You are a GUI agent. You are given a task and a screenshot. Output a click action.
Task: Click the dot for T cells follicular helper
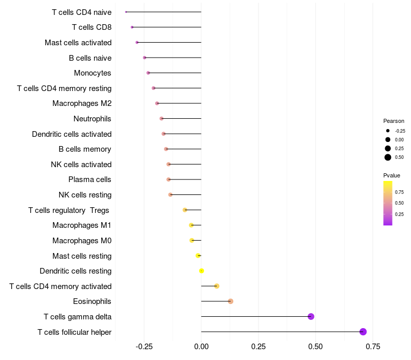click(363, 332)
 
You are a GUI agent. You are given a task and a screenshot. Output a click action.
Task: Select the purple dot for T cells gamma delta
click(311, 316)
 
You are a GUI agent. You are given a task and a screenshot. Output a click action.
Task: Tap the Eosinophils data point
click(231, 301)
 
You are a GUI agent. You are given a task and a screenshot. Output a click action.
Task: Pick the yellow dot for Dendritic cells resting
click(201, 271)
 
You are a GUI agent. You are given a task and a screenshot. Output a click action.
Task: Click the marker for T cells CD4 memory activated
click(217, 286)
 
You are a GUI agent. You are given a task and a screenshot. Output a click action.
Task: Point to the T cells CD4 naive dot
click(126, 12)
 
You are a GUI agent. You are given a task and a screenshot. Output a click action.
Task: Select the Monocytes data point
click(148, 73)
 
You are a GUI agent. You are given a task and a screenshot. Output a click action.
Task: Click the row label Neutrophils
click(92, 119)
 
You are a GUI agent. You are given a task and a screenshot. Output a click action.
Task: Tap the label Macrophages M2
click(82, 103)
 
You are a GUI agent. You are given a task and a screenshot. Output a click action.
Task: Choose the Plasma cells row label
click(89, 179)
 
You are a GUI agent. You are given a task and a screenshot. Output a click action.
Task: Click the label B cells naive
click(90, 58)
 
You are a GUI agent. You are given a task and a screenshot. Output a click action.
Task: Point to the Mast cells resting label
click(82, 256)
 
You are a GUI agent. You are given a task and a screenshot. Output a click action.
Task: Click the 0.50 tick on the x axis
click(315, 347)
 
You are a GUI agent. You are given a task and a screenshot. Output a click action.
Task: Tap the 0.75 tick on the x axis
click(372, 347)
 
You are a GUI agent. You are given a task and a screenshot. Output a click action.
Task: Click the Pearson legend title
click(394, 121)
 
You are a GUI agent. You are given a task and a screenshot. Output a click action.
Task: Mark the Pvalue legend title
click(391, 175)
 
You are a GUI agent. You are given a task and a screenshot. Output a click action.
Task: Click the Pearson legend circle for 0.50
click(388, 157)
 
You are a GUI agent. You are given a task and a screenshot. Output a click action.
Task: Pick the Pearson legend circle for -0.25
click(388, 131)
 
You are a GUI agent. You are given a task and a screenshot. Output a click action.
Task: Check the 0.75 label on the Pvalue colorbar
click(399, 192)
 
